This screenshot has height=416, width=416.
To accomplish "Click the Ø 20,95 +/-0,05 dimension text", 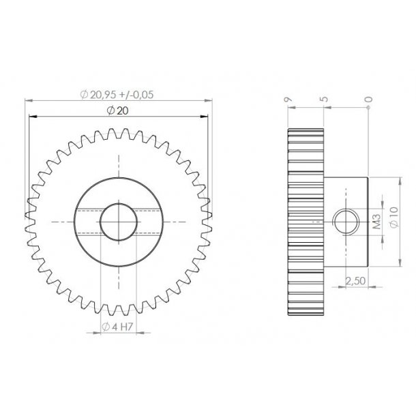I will click(117, 95).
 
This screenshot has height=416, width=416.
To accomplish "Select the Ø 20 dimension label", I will click(118, 112).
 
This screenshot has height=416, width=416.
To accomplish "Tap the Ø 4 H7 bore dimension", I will click(117, 328).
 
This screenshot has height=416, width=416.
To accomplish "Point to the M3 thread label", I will click(376, 222).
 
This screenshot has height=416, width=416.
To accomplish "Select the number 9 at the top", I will click(289, 100).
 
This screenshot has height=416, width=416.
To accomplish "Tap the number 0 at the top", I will click(369, 100).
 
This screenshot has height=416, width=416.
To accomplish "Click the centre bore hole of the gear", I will click(118, 222).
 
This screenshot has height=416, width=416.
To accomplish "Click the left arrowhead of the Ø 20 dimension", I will click(32, 117).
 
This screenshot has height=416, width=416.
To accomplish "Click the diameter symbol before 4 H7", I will click(106, 328).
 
